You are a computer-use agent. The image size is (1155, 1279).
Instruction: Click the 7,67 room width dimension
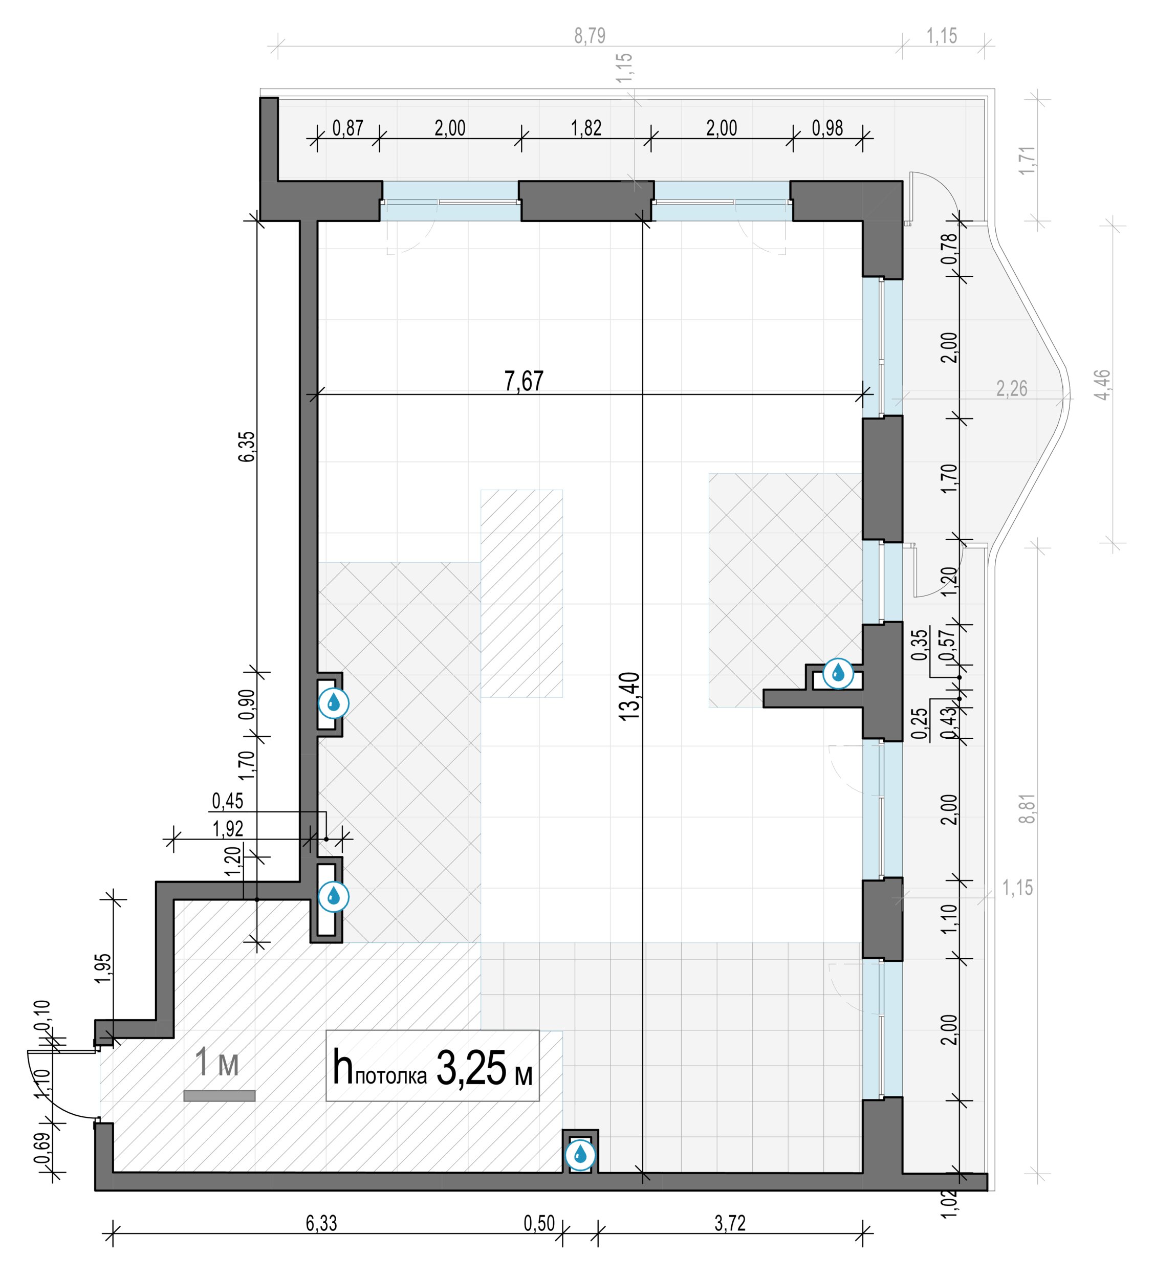click(524, 381)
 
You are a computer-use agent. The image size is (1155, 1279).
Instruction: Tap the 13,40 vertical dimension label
click(629, 697)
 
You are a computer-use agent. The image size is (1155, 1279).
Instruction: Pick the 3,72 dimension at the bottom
click(730, 1223)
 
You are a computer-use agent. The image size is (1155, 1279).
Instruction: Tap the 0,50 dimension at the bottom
click(539, 1223)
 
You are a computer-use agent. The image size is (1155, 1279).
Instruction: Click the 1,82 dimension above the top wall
click(586, 128)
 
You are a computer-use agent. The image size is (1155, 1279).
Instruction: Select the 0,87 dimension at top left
click(348, 128)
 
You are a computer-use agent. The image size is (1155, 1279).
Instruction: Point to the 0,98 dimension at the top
click(827, 128)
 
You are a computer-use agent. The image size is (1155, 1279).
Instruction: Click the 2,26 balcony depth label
click(1012, 389)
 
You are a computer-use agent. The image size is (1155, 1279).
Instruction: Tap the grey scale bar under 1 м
click(220, 1096)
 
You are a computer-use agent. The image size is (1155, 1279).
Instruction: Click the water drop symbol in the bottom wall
click(580, 1155)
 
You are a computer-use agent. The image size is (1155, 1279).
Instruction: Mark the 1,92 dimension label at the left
click(228, 829)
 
